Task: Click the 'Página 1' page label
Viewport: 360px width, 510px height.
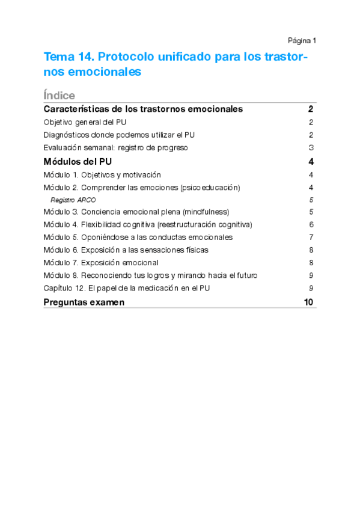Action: point(302,40)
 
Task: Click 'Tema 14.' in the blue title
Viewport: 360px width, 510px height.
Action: point(69,58)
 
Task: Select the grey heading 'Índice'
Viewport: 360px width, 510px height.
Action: point(59,96)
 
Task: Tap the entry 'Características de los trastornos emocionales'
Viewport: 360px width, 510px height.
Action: point(143,109)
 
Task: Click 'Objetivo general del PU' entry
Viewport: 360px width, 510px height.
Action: point(85,122)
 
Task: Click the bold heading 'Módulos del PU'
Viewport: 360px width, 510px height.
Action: point(78,162)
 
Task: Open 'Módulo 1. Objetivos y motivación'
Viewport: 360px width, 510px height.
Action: point(102,175)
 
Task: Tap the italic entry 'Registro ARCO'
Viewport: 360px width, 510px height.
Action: point(73,200)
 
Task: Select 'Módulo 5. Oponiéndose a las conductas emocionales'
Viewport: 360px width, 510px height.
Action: point(138,237)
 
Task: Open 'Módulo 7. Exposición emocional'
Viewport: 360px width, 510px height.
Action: point(101,262)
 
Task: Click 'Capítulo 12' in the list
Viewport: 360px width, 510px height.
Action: point(63,288)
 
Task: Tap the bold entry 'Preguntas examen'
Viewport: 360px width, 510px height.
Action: point(84,303)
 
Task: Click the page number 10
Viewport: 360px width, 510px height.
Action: point(309,303)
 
